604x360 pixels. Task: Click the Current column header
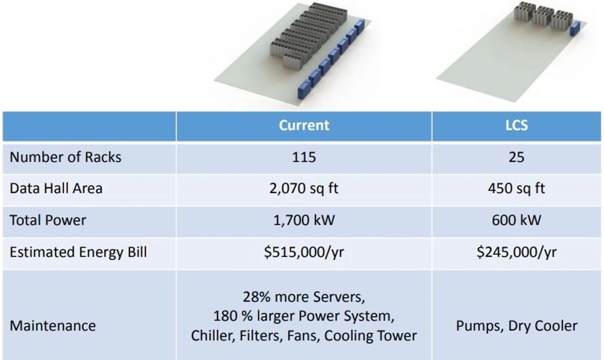point(304,125)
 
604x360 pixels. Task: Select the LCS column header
point(516,125)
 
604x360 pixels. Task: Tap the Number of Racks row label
point(66,157)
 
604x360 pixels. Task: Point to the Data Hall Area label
point(56,188)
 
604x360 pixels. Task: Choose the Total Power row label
point(48,220)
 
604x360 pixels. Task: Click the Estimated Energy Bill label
point(78,252)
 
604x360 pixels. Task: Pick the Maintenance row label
point(53,326)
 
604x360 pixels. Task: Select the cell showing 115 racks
point(304,157)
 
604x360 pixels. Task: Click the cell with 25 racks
point(516,157)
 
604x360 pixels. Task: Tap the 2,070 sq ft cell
point(304,188)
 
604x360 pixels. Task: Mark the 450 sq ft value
point(516,188)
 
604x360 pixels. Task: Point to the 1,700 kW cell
point(304,220)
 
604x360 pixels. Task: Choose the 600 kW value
point(516,220)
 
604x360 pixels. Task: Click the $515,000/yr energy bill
point(304,252)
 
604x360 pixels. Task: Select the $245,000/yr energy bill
point(516,252)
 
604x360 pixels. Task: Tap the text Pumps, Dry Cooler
point(516,326)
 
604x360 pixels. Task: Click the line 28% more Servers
point(304,297)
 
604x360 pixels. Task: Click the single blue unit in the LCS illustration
point(574,29)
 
